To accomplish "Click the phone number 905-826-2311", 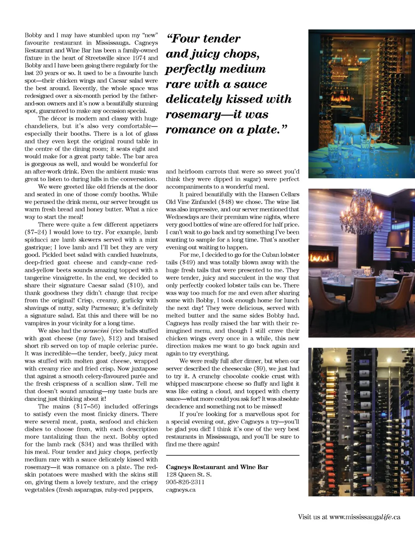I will click(x=185, y=482).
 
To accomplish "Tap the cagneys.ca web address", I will click(x=181, y=490).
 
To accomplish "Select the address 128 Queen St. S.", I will click(x=189, y=475).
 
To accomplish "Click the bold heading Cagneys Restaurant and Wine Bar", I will click(x=217, y=467).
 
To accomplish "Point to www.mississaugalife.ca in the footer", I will click(x=365, y=517).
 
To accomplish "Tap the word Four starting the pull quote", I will click(x=186, y=39).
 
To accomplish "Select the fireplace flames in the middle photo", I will click(x=320, y=258).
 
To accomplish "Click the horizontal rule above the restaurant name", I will click(x=233, y=456).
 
